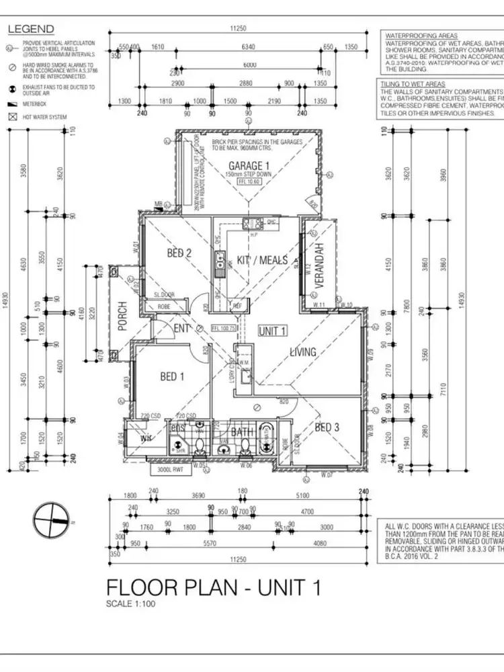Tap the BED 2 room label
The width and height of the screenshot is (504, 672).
coord(180,253)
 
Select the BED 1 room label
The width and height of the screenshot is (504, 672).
coord(172,377)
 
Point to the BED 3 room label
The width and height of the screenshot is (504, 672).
coord(328,427)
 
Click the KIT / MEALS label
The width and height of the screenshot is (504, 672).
coord(262,260)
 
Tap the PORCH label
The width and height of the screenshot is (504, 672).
coord(122,315)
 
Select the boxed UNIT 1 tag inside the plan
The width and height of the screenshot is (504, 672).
coord(273,331)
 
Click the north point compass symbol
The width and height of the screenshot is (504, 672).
coord(52,521)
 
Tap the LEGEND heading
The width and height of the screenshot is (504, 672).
coord(30,30)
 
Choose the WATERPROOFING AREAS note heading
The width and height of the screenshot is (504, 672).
coord(422,36)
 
